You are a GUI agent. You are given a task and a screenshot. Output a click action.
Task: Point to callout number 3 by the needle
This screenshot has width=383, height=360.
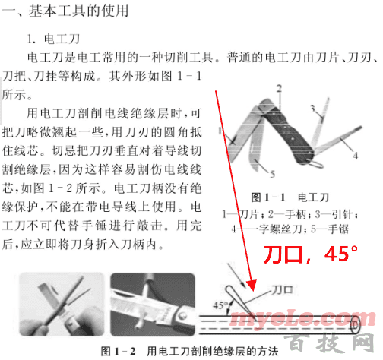312,109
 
